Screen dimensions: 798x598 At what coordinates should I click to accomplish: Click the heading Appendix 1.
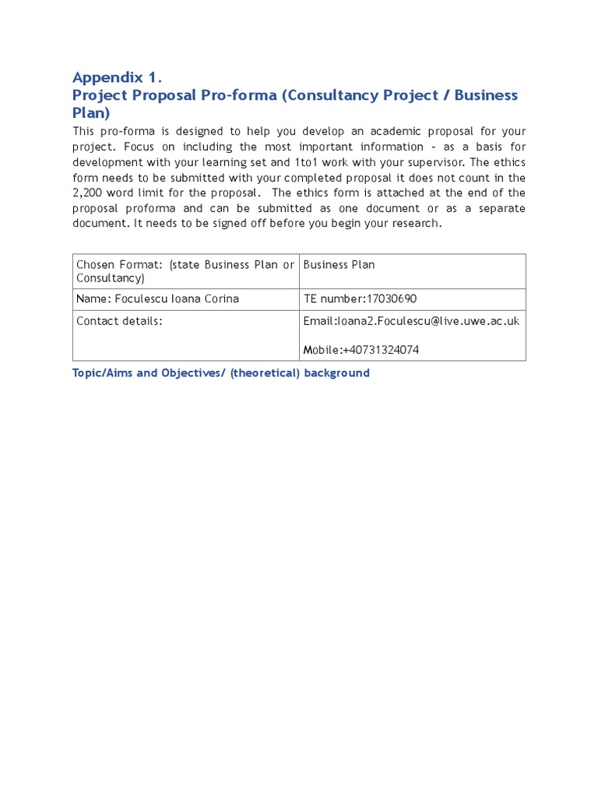tap(117, 77)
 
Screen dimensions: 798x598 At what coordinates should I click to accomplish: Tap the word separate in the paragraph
tap(498, 208)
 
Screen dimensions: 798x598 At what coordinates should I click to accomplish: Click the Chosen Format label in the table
tap(116, 265)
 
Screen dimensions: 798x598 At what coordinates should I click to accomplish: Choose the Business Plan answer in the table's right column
tap(339, 265)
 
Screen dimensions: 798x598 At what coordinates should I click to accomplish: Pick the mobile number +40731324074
tap(381, 350)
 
